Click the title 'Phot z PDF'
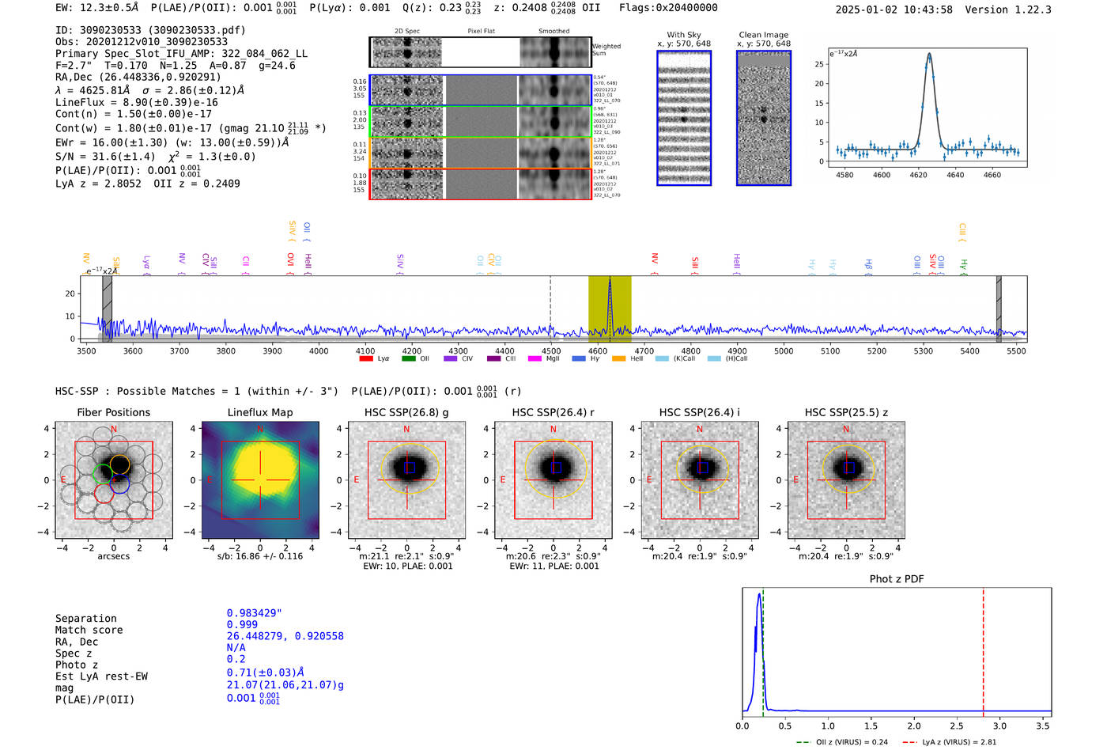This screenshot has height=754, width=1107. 897,579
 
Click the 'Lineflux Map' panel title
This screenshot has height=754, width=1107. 260,412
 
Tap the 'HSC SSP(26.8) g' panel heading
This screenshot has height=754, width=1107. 406,412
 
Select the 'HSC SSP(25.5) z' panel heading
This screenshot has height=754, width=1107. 846,412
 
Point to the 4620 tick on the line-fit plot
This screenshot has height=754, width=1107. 918,175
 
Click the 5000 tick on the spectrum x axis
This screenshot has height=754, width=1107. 784,351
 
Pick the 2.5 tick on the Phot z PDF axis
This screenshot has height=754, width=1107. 957,726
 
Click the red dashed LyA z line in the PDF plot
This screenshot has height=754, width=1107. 983,649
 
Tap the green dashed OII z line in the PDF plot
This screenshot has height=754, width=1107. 763,649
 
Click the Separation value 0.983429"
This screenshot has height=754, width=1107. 254,613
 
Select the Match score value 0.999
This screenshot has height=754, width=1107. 242,624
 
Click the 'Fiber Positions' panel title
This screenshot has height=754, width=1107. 114,412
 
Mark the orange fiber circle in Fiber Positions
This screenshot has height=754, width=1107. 119,464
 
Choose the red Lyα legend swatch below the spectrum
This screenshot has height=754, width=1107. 366,359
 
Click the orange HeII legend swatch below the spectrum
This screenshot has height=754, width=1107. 618,359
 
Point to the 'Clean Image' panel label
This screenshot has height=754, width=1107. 763,35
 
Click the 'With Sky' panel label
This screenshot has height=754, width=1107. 684,35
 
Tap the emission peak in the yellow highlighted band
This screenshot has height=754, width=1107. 610,283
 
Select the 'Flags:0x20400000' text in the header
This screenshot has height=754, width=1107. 668,8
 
